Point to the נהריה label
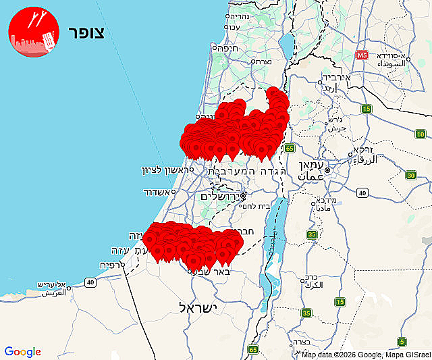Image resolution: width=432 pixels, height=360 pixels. tap(238, 16)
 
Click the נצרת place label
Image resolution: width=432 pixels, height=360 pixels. tap(261, 62)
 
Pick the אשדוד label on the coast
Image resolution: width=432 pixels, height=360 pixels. tap(158, 192)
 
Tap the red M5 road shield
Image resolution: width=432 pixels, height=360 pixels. tap(362, 55)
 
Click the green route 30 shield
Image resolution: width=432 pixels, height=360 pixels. tap(411, 176)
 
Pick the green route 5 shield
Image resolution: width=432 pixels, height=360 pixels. tap(402, 342)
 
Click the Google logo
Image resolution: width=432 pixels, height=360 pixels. tap(22, 351)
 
